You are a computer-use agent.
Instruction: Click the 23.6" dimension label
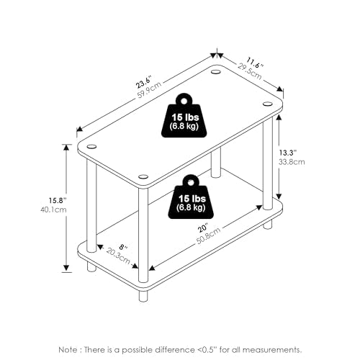click(144, 82)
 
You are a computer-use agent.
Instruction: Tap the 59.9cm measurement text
click(149, 90)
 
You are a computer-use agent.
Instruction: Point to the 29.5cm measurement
click(250, 71)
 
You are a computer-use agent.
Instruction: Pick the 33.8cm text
click(292, 162)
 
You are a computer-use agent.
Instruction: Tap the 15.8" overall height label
click(58, 200)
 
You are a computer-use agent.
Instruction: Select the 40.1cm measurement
click(53, 210)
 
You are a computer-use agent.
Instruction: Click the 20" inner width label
click(202, 228)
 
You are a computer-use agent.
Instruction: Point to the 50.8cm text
click(208, 235)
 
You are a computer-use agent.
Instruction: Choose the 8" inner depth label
click(123, 246)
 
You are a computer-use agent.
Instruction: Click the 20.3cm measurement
click(118, 256)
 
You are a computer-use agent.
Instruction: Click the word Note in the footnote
click(68, 349)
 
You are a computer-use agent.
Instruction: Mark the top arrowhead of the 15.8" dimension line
click(66, 147)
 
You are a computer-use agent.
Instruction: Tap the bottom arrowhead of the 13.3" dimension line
click(279, 196)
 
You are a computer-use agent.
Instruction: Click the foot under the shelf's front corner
click(143, 296)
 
